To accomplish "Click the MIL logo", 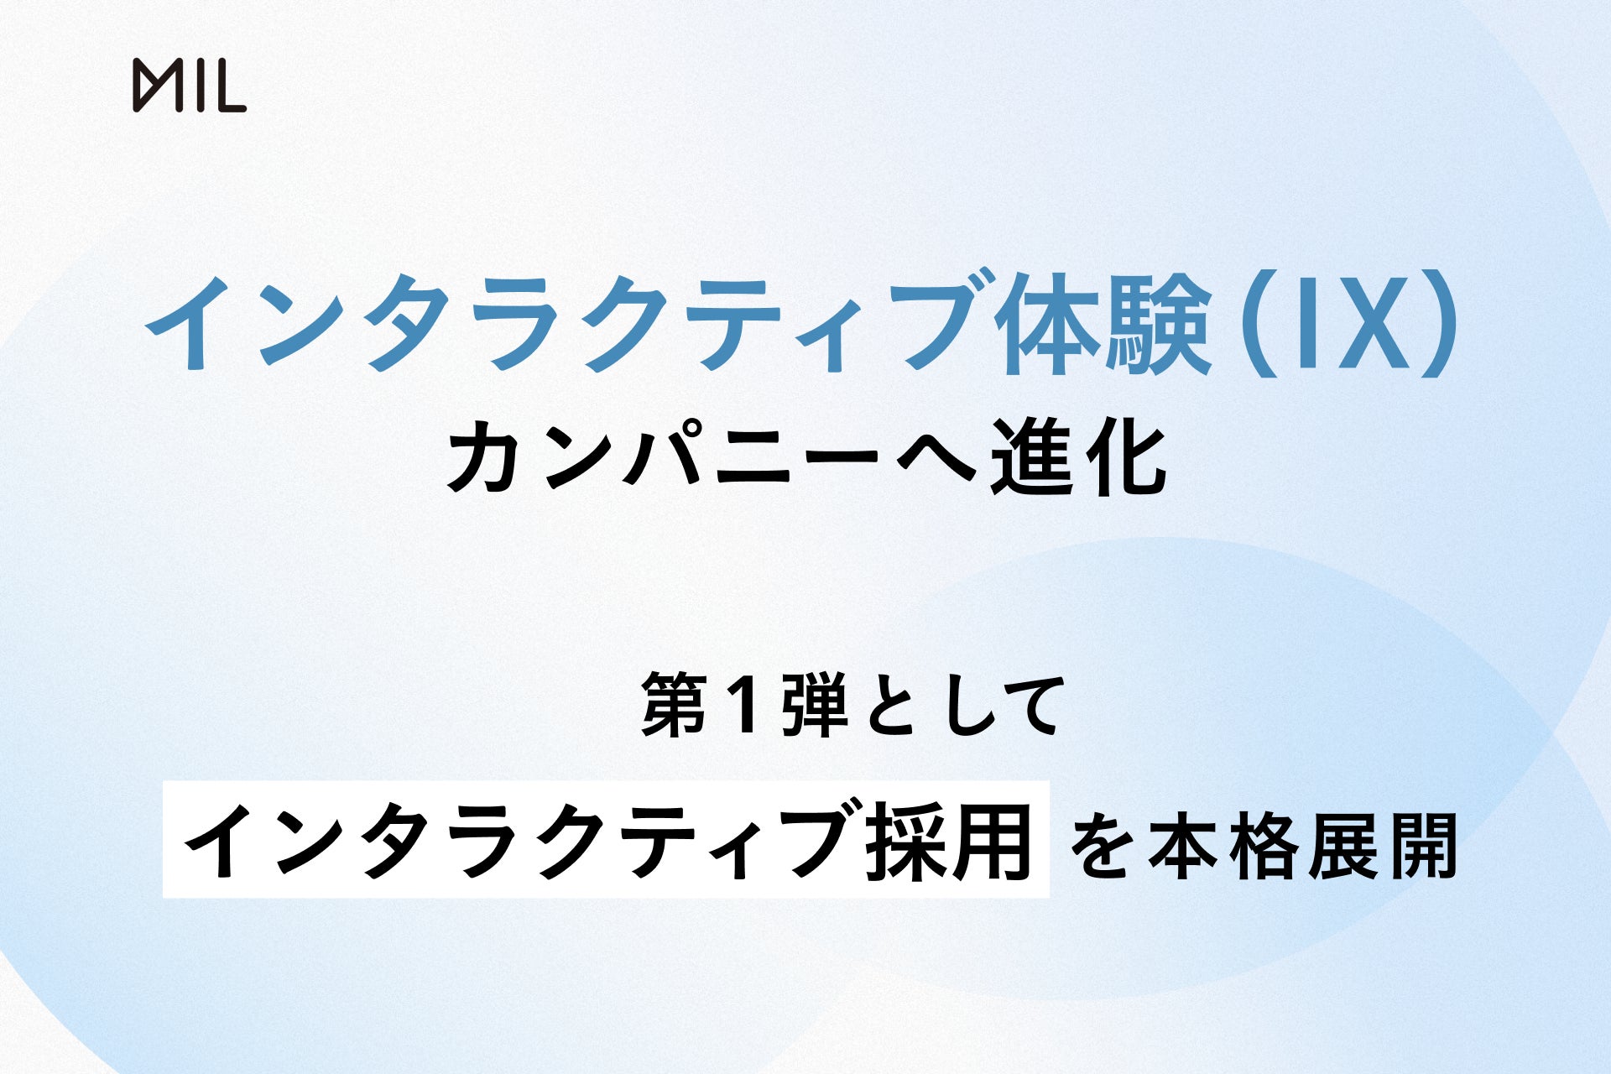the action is tap(190, 86).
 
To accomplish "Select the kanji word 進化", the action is tap(1077, 460).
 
